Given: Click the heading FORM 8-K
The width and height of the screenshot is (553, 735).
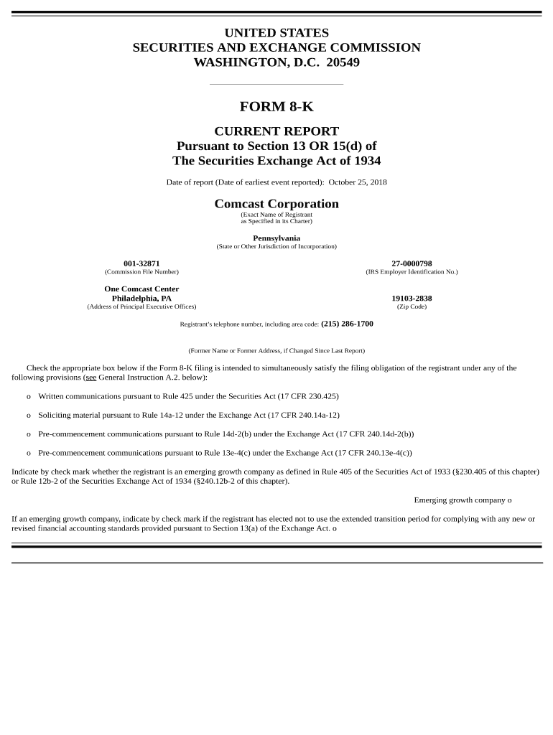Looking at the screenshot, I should point(276,107).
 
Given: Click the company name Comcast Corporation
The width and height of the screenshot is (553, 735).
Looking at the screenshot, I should point(276,204).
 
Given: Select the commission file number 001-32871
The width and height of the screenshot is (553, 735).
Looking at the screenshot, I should point(141,263).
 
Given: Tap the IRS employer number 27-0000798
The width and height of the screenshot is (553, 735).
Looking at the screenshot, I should point(412,263).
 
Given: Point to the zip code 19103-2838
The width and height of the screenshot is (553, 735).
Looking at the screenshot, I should point(412,298).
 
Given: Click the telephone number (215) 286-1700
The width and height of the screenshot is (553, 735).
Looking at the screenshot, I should point(347,324).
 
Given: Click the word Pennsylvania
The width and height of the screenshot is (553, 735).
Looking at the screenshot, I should point(276,238).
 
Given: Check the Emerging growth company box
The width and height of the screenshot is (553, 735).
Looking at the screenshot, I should point(510,500).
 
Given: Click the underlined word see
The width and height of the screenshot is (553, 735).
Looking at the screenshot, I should point(90,378).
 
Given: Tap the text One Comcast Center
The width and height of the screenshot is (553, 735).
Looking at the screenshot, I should point(141,289).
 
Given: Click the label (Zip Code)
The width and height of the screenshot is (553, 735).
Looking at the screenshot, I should point(412,306).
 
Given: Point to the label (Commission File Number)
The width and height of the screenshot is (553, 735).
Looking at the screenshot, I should point(141,272).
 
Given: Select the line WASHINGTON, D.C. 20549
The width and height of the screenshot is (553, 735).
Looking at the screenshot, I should point(276,62).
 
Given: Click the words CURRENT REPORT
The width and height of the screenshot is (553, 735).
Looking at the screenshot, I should point(276,131).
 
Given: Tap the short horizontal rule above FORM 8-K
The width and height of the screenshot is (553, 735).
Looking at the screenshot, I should point(276,84).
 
